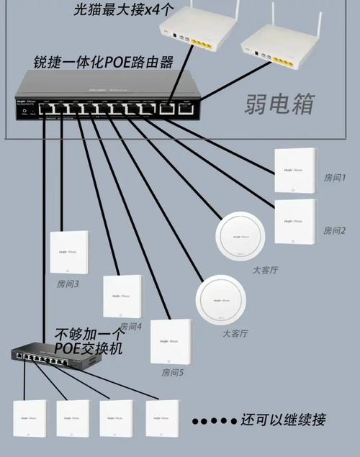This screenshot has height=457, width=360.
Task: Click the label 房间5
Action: pos(173,373)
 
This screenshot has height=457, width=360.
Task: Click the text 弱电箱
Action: pos(281,103)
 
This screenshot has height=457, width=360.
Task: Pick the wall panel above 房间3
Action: pos(68,252)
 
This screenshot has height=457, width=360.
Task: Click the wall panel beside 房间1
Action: pos(295,170)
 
